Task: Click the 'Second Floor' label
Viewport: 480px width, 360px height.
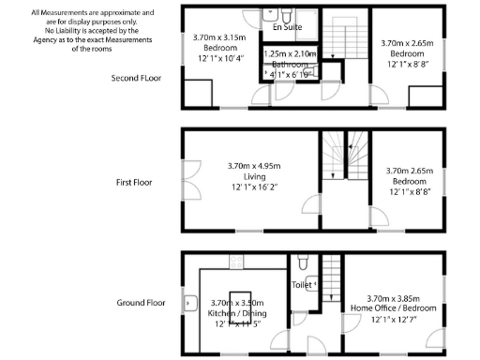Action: [136, 79]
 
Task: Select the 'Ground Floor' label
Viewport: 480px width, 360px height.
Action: [142, 303]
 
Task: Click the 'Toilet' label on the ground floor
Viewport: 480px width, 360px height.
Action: [302, 284]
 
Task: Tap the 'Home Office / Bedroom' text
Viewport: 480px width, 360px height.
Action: [391, 307]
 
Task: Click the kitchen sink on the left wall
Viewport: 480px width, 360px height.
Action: [189, 303]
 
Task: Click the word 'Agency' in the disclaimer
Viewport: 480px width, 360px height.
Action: [57, 39]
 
